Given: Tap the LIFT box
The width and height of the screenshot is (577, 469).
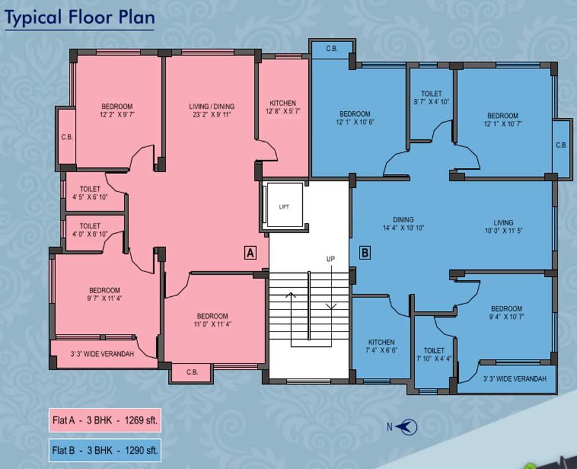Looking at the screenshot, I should [283, 206].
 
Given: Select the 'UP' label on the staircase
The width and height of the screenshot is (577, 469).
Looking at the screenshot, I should [330, 260].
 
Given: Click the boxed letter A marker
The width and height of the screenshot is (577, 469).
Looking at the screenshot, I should [250, 253].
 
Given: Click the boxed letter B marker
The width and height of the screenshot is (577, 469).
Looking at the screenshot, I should [365, 253].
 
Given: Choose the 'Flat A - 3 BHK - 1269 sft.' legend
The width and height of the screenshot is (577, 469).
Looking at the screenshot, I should [105, 420].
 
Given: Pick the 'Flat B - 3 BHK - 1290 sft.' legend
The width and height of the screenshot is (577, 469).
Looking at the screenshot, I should [105, 451].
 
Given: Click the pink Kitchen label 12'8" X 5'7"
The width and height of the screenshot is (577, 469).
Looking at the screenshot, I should [283, 107].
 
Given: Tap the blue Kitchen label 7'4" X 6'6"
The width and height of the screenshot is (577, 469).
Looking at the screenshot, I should [381, 346].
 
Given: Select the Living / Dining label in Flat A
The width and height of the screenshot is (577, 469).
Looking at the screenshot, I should [211, 111].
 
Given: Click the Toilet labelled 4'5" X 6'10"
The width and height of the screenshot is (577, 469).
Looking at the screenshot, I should [90, 193].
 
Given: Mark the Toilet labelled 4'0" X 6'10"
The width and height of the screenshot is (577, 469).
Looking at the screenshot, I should [90, 230].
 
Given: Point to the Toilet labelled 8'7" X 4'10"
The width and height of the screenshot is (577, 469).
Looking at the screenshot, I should [431, 98].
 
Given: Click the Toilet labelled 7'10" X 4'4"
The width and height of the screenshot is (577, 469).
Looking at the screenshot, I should [434, 355].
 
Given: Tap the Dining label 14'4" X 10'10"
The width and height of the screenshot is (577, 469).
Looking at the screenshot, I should [403, 224].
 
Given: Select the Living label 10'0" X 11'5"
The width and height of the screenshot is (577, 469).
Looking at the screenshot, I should [503, 227].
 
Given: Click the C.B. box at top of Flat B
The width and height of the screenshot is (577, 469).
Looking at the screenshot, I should [332, 49].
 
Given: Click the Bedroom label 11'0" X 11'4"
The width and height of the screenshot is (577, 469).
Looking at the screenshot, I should [212, 320].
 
